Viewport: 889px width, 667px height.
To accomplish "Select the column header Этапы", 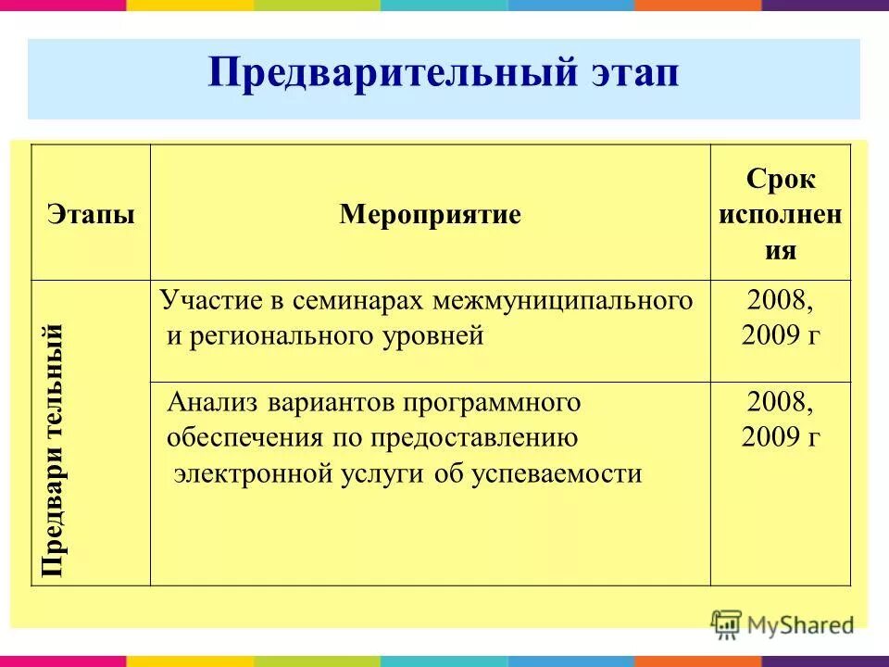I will click(x=91, y=215).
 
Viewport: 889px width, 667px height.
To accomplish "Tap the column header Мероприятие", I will click(x=430, y=215).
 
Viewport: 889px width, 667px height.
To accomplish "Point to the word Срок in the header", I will click(x=781, y=180).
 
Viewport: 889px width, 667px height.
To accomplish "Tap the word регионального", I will click(x=283, y=335).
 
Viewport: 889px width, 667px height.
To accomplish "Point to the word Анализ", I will click(x=213, y=403).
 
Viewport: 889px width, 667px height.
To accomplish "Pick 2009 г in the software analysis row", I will click(x=781, y=438).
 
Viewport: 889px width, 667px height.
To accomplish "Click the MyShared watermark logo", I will click(x=783, y=623).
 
